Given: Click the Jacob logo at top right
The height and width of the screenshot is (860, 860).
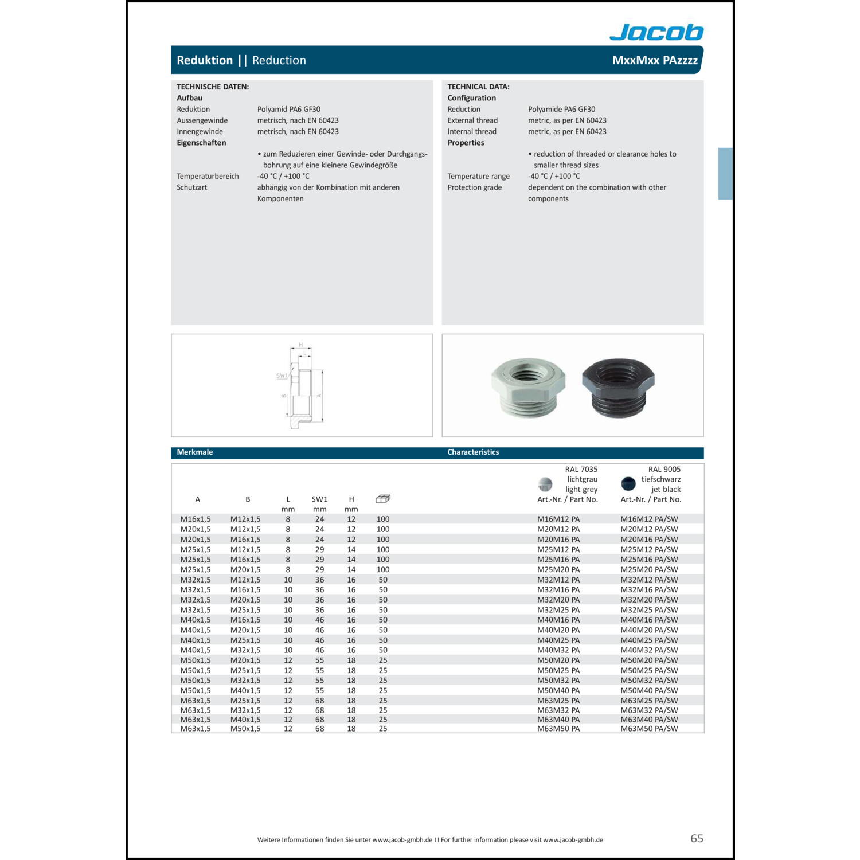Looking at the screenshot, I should pyautogui.click(x=656, y=32).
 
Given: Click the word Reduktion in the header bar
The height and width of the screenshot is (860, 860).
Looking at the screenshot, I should pyautogui.click(x=205, y=60).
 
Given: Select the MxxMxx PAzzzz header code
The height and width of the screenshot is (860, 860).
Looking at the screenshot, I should pyautogui.click(x=655, y=60).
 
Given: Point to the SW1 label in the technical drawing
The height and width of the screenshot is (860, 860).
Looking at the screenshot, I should pyautogui.click(x=282, y=376).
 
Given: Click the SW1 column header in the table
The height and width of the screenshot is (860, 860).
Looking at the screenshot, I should pyautogui.click(x=319, y=499).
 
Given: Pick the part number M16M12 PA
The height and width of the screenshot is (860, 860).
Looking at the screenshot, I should pyautogui.click(x=558, y=519).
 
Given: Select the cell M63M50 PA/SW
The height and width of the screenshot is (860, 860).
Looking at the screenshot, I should pyautogui.click(x=649, y=729).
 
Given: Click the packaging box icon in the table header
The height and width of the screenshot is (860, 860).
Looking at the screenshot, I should pyautogui.click(x=383, y=499).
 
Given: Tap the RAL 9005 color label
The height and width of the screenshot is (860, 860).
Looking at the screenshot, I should pyautogui.click(x=664, y=469).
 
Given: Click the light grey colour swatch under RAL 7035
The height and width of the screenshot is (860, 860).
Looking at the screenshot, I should pyautogui.click(x=545, y=484).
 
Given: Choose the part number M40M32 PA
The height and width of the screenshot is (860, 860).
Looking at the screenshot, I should pyautogui.click(x=558, y=650).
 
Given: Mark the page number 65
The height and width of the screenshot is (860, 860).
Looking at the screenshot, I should pyautogui.click(x=697, y=838).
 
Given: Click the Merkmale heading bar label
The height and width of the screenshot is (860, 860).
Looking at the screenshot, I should pyautogui.click(x=195, y=452).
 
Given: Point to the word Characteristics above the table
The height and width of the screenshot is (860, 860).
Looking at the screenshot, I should pyautogui.click(x=473, y=452).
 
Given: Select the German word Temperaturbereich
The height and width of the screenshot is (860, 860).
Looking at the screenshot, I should pyautogui.click(x=208, y=176).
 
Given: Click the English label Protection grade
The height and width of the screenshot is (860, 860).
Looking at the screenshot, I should pyautogui.click(x=474, y=187).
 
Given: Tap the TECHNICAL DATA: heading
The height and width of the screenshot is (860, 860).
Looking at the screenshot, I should pyautogui.click(x=478, y=87).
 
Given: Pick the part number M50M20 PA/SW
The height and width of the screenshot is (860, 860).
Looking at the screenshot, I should pyautogui.click(x=649, y=660).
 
